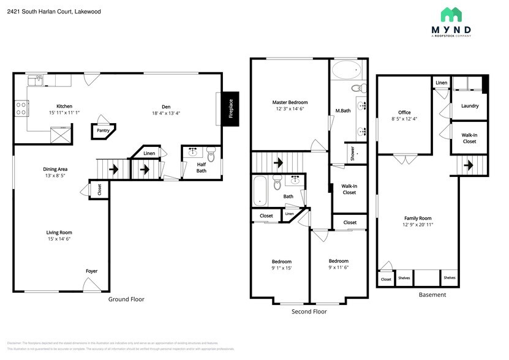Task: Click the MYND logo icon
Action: point(451,15)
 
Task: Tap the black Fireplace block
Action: point(230,109)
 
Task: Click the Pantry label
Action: point(103,130)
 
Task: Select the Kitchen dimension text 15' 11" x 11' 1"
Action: point(64,113)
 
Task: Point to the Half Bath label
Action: point(202,167)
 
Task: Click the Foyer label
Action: point(91,271)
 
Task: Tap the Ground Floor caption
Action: point(126,299)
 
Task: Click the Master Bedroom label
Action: point(290,102)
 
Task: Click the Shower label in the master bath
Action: point(353,153)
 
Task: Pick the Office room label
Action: point(404,112)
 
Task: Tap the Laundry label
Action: point(469,106)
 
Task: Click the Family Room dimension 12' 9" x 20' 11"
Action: point(418,225)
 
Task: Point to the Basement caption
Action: point(432,294)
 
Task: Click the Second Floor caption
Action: point(309,312)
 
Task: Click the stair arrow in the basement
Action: point(470,165)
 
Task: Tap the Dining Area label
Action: point(55,169)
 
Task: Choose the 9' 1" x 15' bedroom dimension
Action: point(282,268)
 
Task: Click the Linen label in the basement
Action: point(441,83)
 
